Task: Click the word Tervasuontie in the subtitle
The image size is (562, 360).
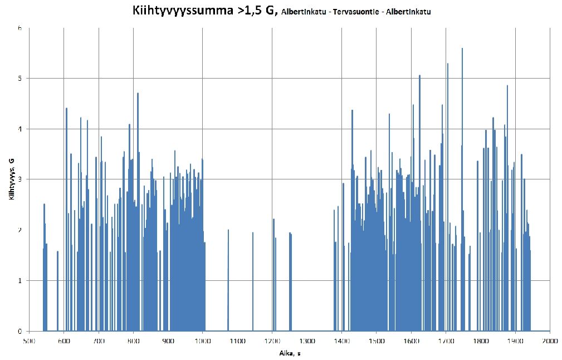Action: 355,12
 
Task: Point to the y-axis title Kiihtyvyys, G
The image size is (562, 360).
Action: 11,178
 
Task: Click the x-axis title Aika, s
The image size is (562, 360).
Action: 289,353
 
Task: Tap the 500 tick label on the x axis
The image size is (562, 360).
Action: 30,340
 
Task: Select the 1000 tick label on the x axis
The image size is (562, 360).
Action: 203,340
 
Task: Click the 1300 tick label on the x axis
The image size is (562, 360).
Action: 307,340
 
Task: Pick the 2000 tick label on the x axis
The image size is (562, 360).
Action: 550,340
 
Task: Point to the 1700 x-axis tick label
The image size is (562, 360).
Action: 446,340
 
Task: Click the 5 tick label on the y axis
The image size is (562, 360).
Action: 20,79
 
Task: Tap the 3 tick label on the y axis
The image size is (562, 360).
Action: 20,179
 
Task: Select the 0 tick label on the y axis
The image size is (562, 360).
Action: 20,331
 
